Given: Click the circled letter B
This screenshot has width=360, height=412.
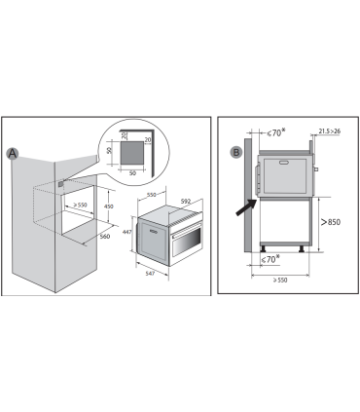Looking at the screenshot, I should click(x=236, y=152).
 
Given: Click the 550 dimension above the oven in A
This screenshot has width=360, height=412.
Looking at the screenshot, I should click(x=152, y=195).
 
